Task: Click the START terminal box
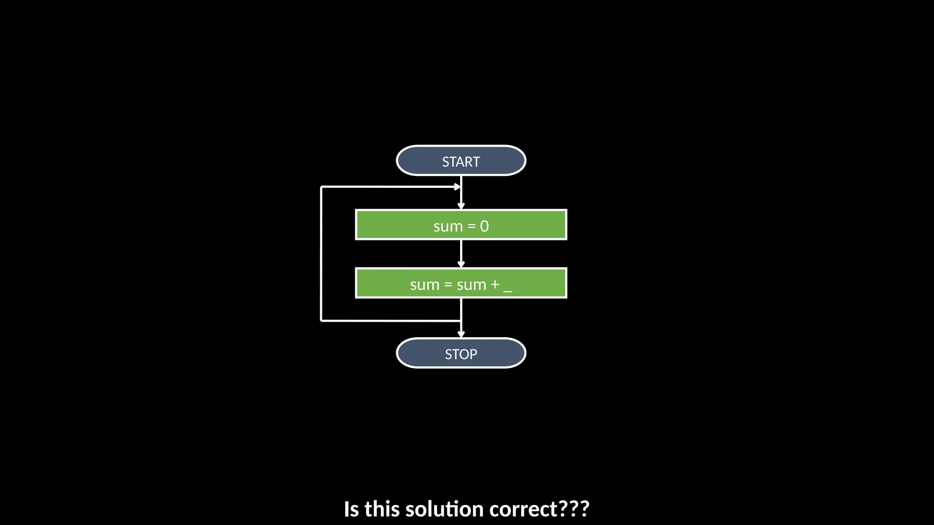coord(461,161)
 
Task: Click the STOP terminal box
coord(461,353)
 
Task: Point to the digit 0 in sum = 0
coord(484,226)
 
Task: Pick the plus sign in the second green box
coord(495,285)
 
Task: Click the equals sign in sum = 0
coord(472,226)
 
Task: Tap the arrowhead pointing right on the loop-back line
coord(457,186)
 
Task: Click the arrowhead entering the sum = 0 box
coord(461,206)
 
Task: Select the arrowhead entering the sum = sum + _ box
coord(461,264)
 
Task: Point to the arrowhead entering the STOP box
coord(461,334)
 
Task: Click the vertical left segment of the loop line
coord(322,253)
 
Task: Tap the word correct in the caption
coord(523,509)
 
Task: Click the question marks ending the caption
coord(574,509)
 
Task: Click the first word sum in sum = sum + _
coord(425,285)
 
